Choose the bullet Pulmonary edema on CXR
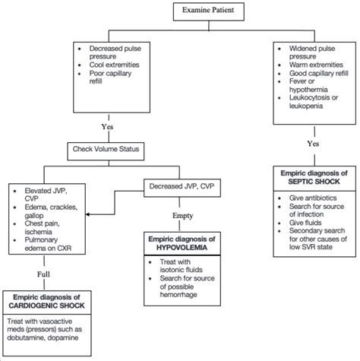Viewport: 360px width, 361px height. [x=47, y=242]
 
